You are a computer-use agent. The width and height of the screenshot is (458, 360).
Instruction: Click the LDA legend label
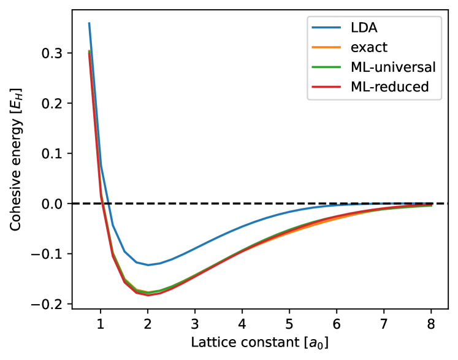(x=364, y=28)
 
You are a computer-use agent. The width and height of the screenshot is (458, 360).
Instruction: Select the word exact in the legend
(x=368, y=47)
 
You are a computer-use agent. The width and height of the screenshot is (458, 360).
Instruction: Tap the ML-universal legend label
(x=393, y=67)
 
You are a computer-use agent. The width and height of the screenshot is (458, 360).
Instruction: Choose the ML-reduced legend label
(x=389, y=87)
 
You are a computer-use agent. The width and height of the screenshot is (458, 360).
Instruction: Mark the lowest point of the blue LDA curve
(x=148, y=265)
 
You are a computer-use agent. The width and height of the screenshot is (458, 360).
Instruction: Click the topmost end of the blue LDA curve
(x=89, y=23)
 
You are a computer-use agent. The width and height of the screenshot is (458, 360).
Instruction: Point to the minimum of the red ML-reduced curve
(x=148, y=295)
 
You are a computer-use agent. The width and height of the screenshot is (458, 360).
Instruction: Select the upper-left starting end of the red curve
(x=90, y=53)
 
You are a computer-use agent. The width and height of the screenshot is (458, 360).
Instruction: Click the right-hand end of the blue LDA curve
(x=432, y=203)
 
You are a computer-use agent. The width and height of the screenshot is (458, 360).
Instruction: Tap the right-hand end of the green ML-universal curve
(x=432, y=206)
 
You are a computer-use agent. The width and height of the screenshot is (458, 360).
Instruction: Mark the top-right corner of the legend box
(x=441, y=17)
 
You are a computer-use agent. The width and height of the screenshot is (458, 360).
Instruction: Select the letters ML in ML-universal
(x=359, y=67)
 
